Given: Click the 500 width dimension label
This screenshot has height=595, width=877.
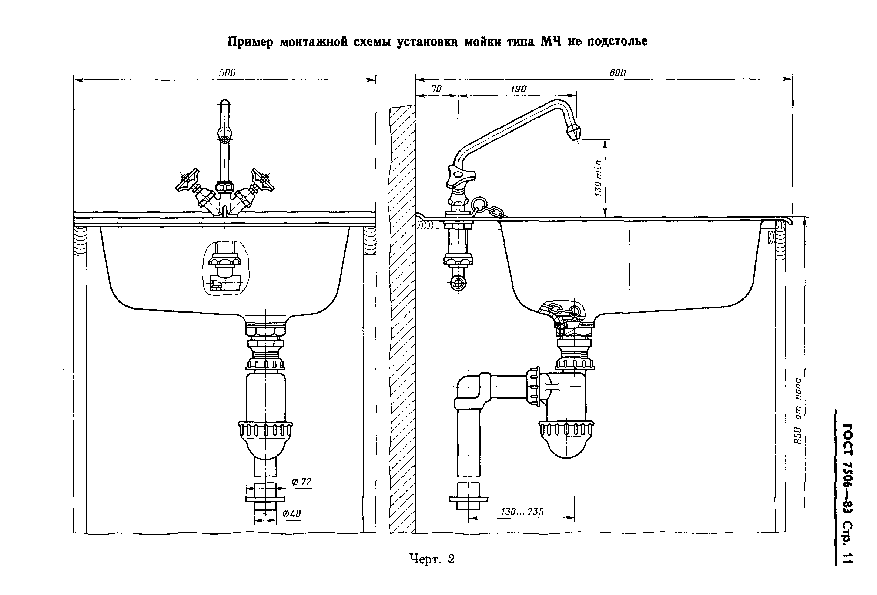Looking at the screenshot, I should [x=227, y=73].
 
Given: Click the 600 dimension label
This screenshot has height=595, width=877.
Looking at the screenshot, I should [x=617, y=73].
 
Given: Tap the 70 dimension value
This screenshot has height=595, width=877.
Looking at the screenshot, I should [x=436, y=89].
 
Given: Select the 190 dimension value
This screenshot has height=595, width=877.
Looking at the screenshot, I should [x=519, y=89].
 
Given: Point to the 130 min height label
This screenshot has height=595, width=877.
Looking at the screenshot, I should [x=598, y=178].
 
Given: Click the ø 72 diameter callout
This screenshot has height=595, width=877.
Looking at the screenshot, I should [x=302, y=482].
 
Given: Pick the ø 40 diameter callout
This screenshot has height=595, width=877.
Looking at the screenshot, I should [x=292, y=514].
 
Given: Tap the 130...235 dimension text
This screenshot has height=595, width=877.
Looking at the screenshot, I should [x=522, y=512].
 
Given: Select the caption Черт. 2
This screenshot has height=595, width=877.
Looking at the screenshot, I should [x=432, y=559].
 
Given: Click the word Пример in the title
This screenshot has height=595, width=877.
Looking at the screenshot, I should [x=250, y=42].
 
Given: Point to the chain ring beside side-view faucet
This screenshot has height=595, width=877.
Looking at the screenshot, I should [x=478, y=204].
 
